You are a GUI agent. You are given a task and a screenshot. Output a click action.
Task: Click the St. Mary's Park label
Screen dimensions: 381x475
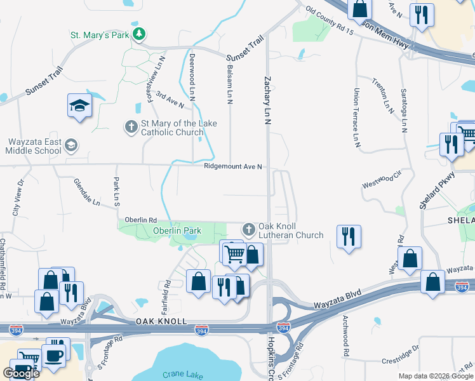pos(99,34)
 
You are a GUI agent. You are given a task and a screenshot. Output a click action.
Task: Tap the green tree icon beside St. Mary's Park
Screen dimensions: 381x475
pos(138,34)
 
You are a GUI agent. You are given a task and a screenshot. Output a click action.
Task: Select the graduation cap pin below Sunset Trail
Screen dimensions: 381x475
pos(80,105)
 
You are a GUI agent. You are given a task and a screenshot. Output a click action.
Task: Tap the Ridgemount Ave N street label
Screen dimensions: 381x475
pos(233,167)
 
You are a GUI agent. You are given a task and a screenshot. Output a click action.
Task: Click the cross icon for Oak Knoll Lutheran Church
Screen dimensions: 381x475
pos(248,229)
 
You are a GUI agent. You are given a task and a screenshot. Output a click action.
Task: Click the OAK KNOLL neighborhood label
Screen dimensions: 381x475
pos(161,322)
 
